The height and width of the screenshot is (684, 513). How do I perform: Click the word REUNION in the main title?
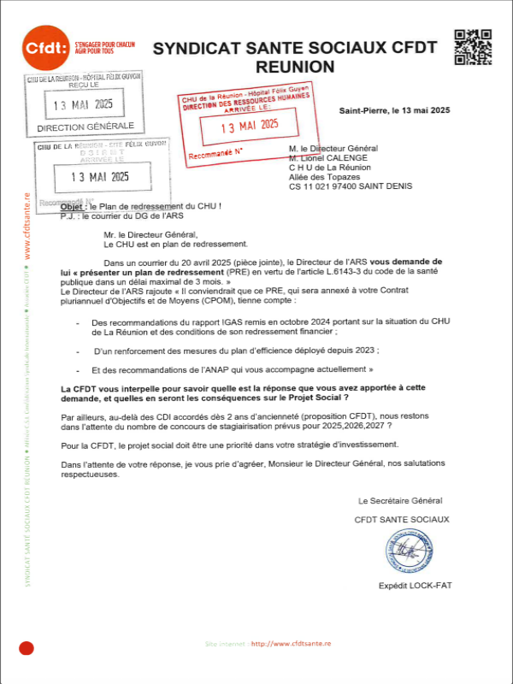click(294, 66)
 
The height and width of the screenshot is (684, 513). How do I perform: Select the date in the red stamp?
click(251, 125)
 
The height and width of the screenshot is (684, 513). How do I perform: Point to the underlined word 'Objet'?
click(74, 207)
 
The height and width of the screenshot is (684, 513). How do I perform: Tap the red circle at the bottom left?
click(26, 649)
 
